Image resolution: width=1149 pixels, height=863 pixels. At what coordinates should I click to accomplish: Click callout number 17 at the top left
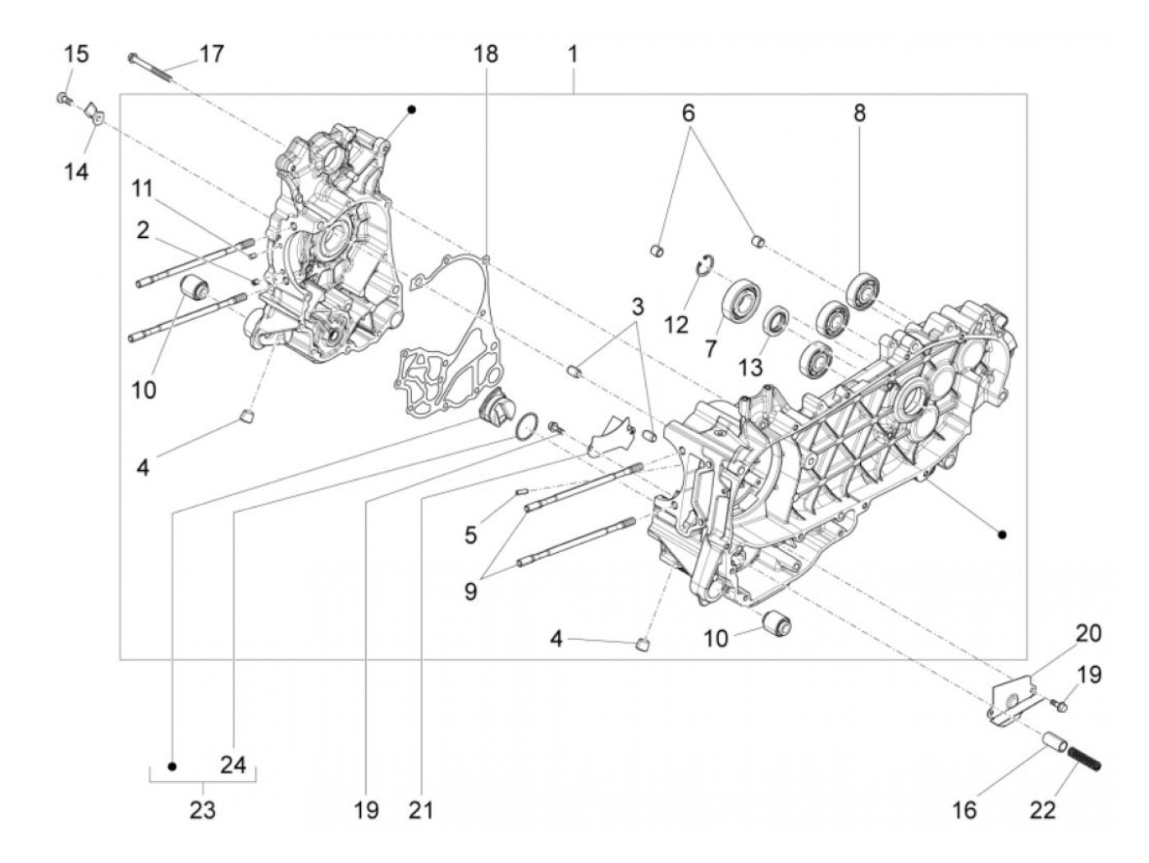click(211, 54)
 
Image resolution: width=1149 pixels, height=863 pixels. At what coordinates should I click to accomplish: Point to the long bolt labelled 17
click(152, 66)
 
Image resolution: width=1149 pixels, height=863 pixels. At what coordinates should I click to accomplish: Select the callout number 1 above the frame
click(573, 54)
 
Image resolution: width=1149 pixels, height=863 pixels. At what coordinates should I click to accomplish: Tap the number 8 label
click(859, 113)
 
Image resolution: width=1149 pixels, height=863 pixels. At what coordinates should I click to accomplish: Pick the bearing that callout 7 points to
click(744, 297)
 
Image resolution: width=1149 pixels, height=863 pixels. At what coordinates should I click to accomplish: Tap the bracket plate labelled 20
click(1008, 700)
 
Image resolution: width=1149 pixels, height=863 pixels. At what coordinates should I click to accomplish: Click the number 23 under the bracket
click(203, 810)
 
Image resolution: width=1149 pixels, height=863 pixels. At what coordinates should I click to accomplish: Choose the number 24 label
click(233, 765)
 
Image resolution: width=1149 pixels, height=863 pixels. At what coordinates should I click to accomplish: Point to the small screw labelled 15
click(63, 99)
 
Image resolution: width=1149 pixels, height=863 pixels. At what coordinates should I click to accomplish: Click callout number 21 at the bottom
click(420, 810)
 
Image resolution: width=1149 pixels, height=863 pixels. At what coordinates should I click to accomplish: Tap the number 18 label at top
click(486, 54)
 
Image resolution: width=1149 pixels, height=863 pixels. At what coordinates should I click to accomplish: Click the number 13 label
click(749, 367)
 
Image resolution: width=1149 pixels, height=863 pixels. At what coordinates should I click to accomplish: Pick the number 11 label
click(143, 189)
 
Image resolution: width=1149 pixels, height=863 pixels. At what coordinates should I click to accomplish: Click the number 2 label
click(143, 231)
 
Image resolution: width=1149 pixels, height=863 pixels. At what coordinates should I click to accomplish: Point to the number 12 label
click(676, 325)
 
